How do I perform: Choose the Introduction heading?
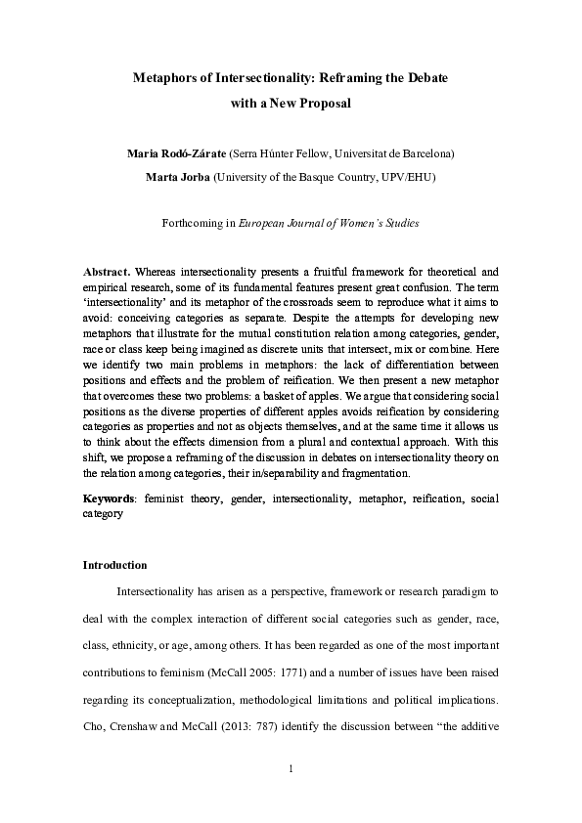click(114, 565)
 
